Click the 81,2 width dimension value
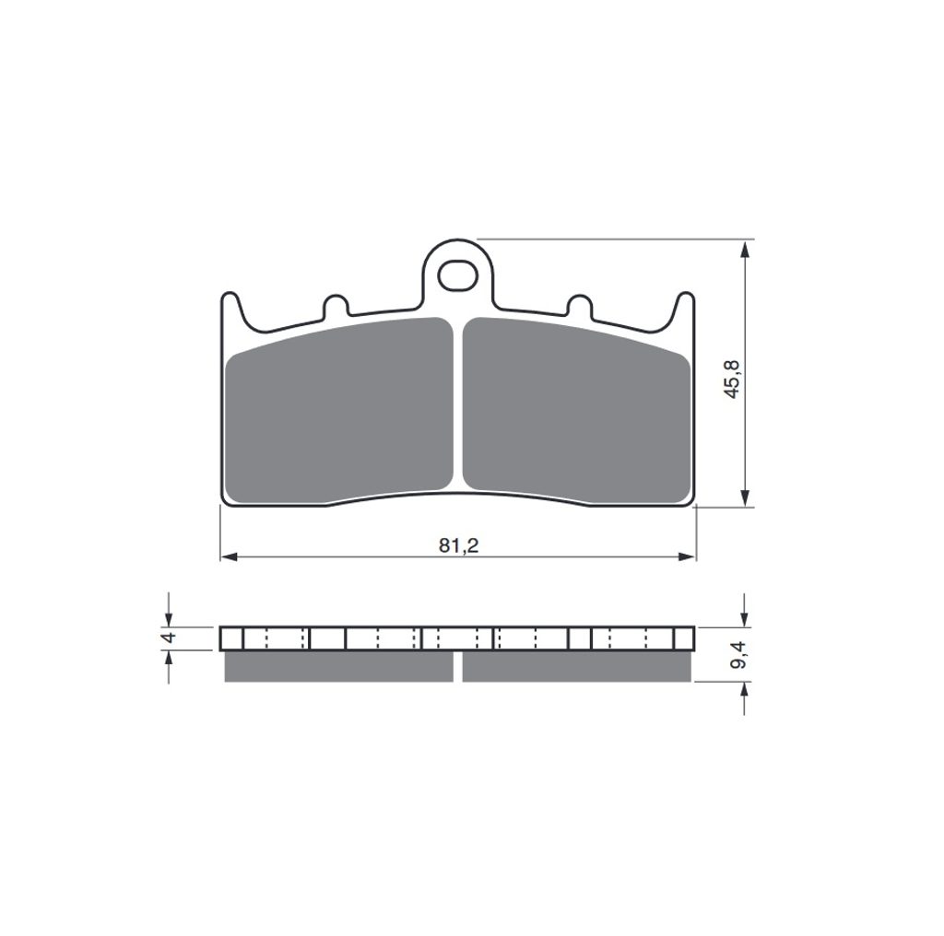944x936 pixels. [458, 545]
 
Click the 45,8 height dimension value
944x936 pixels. [733, 379]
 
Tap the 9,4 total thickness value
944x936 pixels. [738, 654]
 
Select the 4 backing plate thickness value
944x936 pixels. [170, 637]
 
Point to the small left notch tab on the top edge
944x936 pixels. [336, 305]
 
